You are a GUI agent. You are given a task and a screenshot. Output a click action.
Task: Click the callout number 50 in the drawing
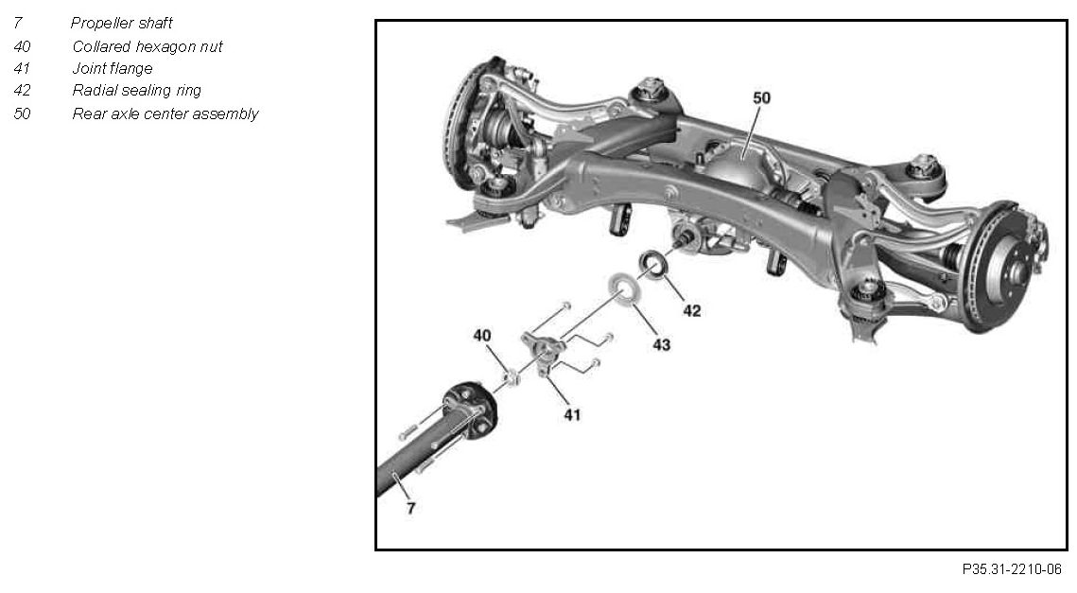761,97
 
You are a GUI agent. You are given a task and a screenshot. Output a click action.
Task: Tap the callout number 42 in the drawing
692,310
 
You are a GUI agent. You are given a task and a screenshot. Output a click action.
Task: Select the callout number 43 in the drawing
661,345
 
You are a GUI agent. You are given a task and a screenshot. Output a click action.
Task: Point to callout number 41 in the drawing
573,413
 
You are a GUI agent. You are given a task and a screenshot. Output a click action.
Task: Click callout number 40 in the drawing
482,335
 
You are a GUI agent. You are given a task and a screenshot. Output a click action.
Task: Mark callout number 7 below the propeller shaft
410,508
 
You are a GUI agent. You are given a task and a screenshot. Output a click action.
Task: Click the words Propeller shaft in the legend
121,23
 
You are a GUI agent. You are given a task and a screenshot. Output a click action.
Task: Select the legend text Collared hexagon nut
147,45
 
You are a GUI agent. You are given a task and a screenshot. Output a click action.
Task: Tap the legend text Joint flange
112,68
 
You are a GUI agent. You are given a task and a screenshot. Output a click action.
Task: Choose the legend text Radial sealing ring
136,91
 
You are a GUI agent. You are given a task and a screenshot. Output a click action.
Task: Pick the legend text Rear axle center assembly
165,113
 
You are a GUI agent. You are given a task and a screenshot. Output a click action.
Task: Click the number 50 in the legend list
22,113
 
